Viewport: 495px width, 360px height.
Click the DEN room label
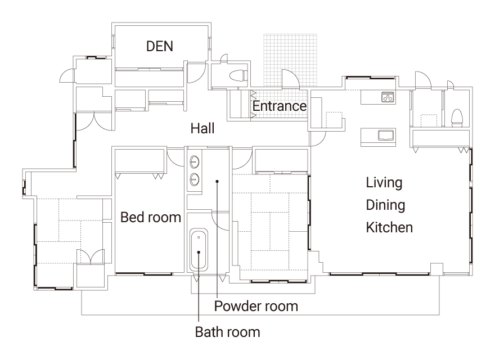(159, 47)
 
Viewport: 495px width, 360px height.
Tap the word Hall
(202, 128)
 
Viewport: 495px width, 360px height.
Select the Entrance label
(280, 106)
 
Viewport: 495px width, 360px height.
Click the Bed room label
(151, 217)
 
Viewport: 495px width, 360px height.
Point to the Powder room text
(256, 307)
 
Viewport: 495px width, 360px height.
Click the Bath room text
(227, 332)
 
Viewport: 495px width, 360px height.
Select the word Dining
(385, 205)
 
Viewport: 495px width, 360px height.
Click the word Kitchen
(389, 227)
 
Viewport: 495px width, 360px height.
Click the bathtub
(199, 250)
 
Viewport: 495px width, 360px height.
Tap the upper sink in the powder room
(195, 163)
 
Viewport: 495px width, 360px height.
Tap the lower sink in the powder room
(195, 179)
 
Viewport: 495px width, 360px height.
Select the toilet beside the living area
(457, 118)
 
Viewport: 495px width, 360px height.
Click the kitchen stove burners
(388, 97)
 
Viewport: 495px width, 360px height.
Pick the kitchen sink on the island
(386, 135)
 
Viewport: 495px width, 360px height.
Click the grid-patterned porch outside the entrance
(290, 60)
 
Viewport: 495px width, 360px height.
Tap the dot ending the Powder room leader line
(217, 181)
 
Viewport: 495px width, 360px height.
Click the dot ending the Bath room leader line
(199, 252)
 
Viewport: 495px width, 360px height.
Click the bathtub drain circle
(199, 237)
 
